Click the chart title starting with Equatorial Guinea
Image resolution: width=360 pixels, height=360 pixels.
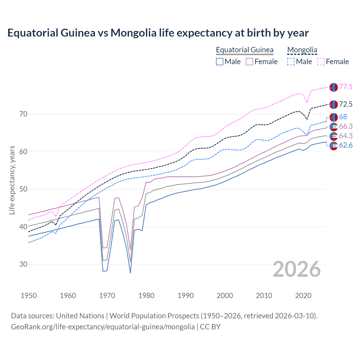click(x=158, y=33)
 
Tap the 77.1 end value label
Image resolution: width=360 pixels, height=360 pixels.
click(x=346, y=87)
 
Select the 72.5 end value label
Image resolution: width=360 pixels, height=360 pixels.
click(x=346, y=104)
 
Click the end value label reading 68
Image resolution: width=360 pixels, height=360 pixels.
click(x=343, y=117)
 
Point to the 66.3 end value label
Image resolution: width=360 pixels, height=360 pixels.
click(x=346, y=126)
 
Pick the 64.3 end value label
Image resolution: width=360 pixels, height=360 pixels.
click(x=346, y=136)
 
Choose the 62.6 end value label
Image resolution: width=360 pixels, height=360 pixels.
click(x=346, y=145)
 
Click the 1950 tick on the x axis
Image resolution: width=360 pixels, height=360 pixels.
click(x=29, y=296)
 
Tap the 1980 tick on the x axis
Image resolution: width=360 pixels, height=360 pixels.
click(x=146, y=296)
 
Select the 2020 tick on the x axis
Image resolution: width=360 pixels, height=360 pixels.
click(x=303, y=296)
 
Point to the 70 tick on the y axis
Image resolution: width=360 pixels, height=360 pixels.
click(x=23, y=114)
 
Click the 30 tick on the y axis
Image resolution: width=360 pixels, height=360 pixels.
click(x=23, y=264)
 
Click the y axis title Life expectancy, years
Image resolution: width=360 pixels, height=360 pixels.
click(x=12, y=180)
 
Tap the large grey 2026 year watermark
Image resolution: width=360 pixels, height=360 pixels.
click(x=296, y=269)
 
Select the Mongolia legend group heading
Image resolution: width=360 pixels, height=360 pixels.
click(x=302, y=50)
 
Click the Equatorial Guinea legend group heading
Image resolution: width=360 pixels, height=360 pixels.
click(x=244, y=50)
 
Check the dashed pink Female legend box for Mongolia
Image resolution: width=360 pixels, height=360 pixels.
click(x=321, y=62)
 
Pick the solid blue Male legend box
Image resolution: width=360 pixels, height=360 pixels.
click(x=220, y=62)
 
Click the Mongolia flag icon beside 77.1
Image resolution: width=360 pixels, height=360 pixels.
click(x=334, y=87)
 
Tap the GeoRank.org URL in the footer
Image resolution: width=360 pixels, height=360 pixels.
click(x=103, y=327)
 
